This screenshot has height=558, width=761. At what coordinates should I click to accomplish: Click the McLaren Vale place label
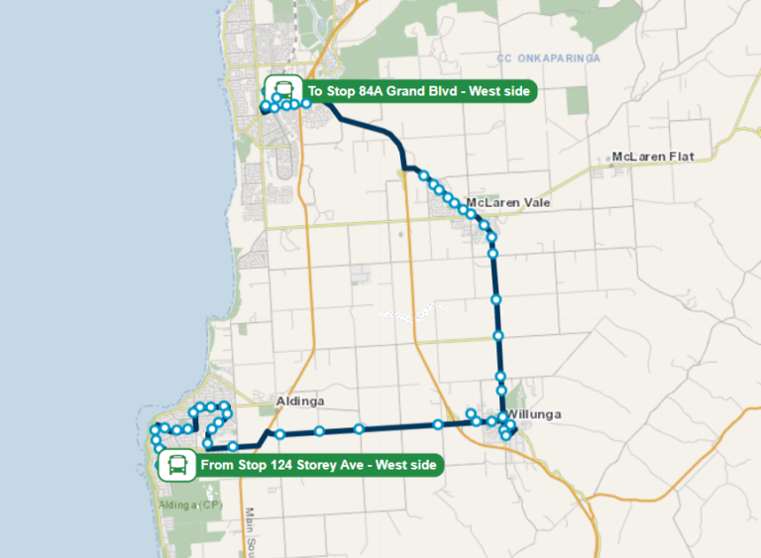[507, 202]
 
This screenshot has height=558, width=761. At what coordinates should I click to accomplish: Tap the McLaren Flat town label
[652, 157]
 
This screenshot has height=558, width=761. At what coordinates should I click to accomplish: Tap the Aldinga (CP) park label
[191, 504]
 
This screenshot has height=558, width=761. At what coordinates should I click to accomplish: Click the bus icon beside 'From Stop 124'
[177, 464]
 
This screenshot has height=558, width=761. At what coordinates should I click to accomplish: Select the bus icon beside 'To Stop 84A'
[283, 91]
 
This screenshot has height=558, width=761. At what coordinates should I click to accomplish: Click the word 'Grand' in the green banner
[419, 92]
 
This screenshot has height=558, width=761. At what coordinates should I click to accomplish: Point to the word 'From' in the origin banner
[218, 465]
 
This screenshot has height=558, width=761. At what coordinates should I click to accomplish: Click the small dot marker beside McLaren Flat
[602, 158]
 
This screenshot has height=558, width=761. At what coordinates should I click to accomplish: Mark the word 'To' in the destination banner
[317, 92]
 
